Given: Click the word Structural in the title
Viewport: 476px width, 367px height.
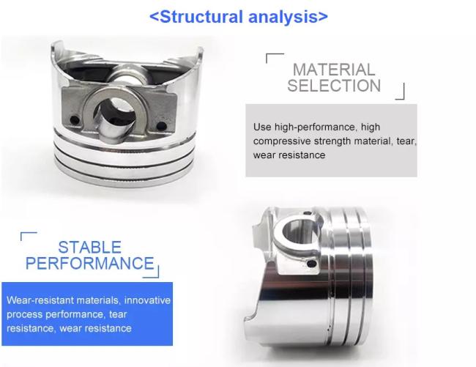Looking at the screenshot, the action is point(201,17).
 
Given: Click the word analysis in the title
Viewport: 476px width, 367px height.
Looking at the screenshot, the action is point(283,18).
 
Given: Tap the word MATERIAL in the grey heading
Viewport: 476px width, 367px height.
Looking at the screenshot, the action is point(334,70).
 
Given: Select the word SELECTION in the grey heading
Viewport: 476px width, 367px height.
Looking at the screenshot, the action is point(334,85).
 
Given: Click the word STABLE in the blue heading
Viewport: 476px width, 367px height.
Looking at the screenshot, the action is point(90,247).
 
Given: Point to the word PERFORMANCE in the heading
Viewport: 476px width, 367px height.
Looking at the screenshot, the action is point(90,263).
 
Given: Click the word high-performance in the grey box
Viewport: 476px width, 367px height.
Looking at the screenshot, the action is point(315,127).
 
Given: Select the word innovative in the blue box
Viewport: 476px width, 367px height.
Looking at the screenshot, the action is point(147,300).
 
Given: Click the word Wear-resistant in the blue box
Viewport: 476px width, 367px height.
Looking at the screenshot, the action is point(40,300).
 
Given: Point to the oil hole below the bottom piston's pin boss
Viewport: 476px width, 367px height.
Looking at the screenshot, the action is point(310,264).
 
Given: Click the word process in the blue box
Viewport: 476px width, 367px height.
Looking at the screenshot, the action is point(24,315).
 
